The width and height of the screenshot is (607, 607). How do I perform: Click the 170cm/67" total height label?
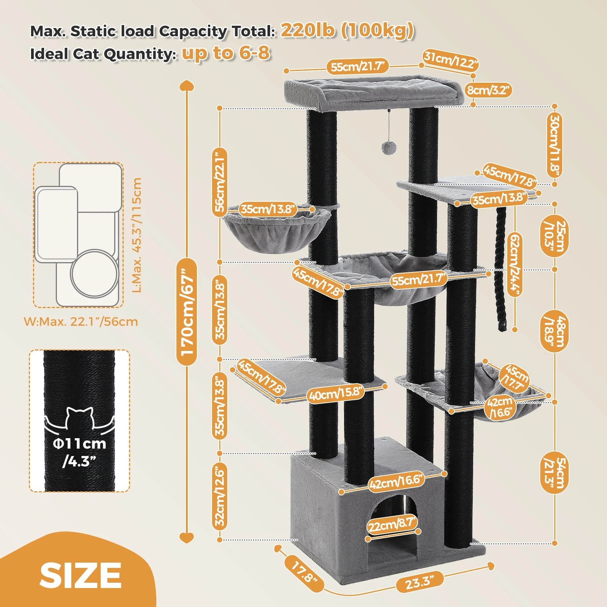[x=187, y=311]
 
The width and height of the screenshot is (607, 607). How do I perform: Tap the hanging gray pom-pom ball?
[x=387, y=147]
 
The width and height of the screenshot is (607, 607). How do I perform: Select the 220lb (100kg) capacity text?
[x=347, y=30]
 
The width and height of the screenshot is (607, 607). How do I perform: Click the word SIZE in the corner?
[x=80, y=575]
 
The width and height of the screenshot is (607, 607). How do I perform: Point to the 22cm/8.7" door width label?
[x=392, y=525]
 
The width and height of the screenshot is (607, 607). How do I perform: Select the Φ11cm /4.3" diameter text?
[x=79, y=452]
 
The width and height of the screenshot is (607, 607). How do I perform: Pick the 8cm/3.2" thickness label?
[x=489, y=90]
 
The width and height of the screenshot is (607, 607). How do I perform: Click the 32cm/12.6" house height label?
[x=220, y=497]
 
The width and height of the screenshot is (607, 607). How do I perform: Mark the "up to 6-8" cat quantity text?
[x=226, y=53]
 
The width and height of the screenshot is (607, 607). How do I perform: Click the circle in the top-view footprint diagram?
[x=94, y=273]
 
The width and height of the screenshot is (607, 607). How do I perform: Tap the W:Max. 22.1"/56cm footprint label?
[x=81, y=322]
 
